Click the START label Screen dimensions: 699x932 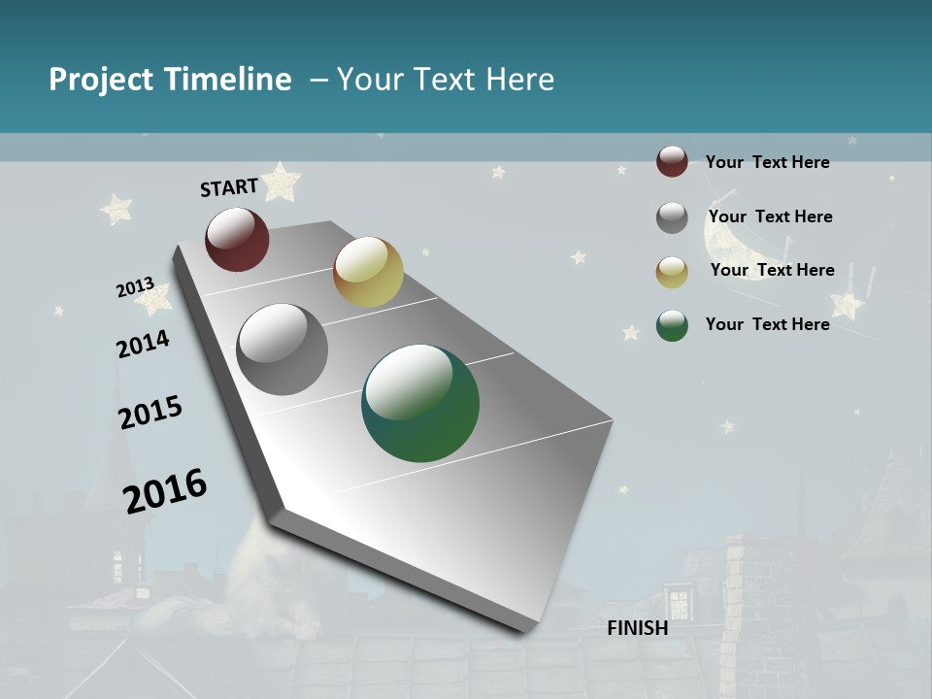click(229, 187)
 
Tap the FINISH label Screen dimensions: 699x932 click(638, 628)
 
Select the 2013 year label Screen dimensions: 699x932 click(135, 287)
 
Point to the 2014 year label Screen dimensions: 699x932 click(143, 344)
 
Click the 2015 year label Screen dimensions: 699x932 click(150, 413)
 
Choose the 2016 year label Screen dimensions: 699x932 click(165, 491)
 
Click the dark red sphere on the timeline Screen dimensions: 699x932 click(237, 239)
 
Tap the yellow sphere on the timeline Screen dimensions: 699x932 click(368, 272)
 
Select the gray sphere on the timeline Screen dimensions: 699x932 click(283, 349)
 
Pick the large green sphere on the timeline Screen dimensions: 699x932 click(420, 403)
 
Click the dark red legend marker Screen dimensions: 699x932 click(672, 161)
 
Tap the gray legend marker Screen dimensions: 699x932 click(672, 217)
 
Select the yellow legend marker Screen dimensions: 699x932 click(672, 272)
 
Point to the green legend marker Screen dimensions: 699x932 click(672, 325)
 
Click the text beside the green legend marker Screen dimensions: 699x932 click(767, 324)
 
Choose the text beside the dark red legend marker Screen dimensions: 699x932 click(767, 162)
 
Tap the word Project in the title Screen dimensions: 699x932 click(101, 80)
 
